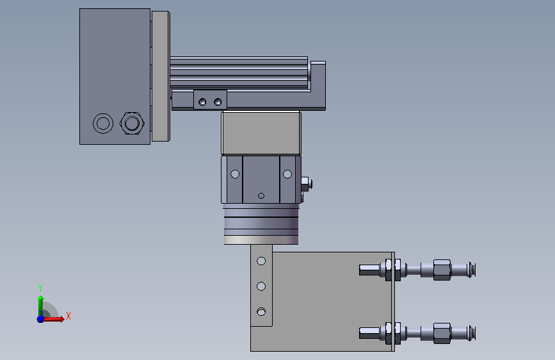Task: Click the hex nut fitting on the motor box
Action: [x=132, y=123]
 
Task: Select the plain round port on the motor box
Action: [x=103, y=123]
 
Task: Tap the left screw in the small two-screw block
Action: [x=202, y=102]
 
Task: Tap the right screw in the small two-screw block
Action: [x=218, y=102]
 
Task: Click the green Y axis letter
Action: [x=40, y=288]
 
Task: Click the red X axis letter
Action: [x=68, y=316]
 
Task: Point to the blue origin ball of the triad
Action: [x=40, y=319]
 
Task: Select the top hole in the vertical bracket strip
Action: [x=261, y=261]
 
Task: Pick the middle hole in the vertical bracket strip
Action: [x=261, y=286]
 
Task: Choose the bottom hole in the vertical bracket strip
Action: [x=261, y=312]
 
